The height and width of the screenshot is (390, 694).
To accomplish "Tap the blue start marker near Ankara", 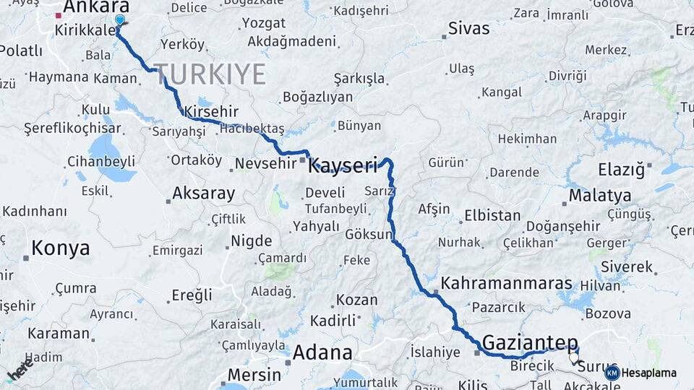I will coord(119,20).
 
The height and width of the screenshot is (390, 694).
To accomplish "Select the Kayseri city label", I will coord(343,166).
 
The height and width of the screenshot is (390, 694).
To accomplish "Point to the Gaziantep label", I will coord(530,342).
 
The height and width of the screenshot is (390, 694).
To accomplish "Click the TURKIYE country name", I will coord(210,74).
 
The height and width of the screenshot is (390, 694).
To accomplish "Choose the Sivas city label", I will coord(468,29).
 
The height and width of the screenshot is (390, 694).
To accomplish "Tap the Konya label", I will coord(61,248).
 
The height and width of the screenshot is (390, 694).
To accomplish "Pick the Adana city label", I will coord(322,353).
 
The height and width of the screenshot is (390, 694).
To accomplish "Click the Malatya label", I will coord(599,196).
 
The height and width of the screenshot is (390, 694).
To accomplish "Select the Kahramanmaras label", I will coord(506,283).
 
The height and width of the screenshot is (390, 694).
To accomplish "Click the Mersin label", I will coord(254,375).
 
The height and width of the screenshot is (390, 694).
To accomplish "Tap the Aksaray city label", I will coord(203,194).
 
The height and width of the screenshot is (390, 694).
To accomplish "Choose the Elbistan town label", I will coord(492,215).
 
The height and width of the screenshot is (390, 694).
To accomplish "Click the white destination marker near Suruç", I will coord(574,357).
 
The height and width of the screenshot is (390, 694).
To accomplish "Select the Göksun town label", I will coord(369,235).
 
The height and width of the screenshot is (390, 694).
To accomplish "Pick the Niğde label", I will coord(251,241).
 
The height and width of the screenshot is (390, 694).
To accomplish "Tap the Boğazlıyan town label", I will coord(317,97).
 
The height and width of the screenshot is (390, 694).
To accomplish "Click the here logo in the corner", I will coord(19,370).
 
